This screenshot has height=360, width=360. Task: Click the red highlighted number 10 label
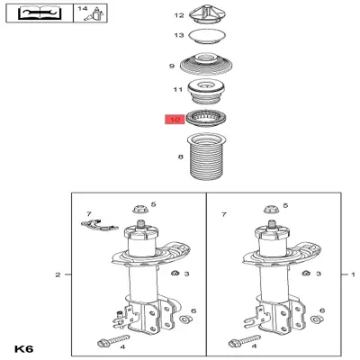[x=175, y=120]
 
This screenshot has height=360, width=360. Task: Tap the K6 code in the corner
[x=24, y=349]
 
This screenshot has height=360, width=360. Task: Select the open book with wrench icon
[x=40, y=13]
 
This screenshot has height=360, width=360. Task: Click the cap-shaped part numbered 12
[x=206, y=14]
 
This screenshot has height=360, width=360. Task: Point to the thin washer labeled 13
[x=206, y=37]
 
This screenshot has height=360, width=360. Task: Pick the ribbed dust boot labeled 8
[x=206, y=157]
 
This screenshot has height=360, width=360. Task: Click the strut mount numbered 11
[x=206, y=90]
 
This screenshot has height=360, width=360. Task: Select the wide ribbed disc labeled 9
[x=206, y=64]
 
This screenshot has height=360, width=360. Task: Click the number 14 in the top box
[x=83, y=8]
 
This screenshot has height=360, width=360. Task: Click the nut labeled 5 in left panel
[x=140, y=209]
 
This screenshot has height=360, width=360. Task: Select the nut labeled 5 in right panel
[x=272, y=210]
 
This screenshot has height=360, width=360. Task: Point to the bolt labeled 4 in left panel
[x=113, y=340]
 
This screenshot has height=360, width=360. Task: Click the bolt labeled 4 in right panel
[x=245, y=341]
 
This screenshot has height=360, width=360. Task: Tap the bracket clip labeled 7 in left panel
[x=99, y=225]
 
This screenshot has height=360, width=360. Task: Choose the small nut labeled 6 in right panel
[x=315, y=319]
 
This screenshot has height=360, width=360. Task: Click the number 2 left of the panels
[x=58, y=274]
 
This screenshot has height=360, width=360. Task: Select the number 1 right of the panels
[x=353, y=274]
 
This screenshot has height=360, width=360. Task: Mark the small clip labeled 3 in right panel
[x=306, y=273]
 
